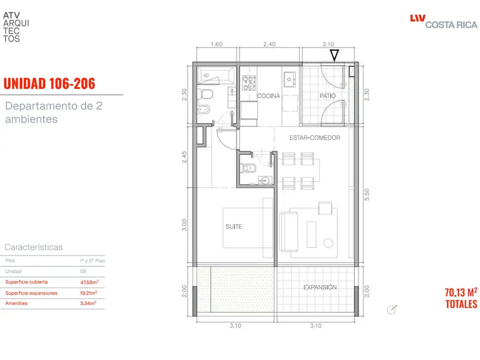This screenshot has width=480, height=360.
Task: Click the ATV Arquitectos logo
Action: tap(16, 27)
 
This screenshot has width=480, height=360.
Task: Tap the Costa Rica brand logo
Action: tap(443, 22)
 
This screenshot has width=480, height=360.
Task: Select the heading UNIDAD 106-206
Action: tap(49, 83)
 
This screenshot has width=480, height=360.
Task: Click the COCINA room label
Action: tap(269, 96)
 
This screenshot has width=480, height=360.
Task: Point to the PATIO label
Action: tap(328, 96)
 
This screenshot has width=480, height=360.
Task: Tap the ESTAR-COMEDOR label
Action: tap(315, 138)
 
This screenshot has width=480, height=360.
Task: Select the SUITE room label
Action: tap(234, 226)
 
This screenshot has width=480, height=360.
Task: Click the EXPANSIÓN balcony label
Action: tap(320, 287)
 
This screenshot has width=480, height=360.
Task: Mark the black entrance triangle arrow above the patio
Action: tap(334, 55)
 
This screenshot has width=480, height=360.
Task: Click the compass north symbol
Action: tap(392, 309)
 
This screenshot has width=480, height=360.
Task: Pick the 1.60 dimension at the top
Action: tap(217, 44)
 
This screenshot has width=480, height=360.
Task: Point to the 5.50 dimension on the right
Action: tap(367, 195)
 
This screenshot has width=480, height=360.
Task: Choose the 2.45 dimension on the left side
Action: tap(184, 157)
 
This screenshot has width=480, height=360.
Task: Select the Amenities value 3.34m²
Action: tap(88, 303)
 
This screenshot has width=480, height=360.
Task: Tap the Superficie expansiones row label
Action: tap(31, 293)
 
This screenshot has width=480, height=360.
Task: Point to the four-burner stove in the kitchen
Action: tap(249, 82)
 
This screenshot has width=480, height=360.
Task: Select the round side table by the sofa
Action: tap(328, 243)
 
